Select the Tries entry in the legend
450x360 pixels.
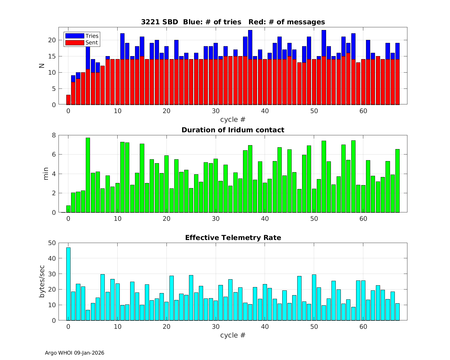pyautogui.click(x=82, y=36)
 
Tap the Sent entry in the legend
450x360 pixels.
pyautogui.click(x=82, y=43)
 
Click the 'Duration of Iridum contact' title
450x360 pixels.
pyautogui.click(x=233, y=130)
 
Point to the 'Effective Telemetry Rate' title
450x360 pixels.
pyautogui.click(x=233, y=238)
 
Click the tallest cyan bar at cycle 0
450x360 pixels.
pyautogui.click(x=68, y=283)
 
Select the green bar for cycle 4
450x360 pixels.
pyautogui.click(x=88, y=175)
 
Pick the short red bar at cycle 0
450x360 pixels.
pyautogui.click(x=68, y=100)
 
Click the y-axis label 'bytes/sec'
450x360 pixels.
pyautogui.click(x=42, y=281)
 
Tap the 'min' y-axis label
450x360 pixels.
pyautogui.click(x=46, y=174)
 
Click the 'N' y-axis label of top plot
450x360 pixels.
pyautogui.click(x=42, y=66)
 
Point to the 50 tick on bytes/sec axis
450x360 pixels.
pyautogui.click(x=52, y=243)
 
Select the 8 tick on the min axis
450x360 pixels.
pyautogui.click(x=54, y=135)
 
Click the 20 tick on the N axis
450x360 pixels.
pyautogui.click(x=52, y=40)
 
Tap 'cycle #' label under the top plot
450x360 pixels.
pyautogui.click(x=233, y=119)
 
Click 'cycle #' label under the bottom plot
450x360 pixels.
pyautogui.click(x=233, y=335)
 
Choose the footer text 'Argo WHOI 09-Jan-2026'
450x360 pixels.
pyautogui.click(x=74, y=353)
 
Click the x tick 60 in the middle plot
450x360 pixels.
pyautogui.click(x=363, y=219)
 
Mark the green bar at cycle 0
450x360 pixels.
pyautogui.click(x=68, y=209)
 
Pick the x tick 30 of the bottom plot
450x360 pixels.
pyautogui.click(x=216, y=326)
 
